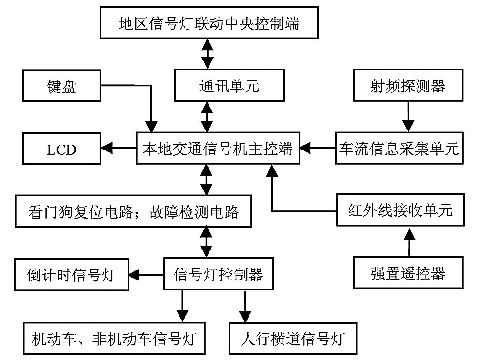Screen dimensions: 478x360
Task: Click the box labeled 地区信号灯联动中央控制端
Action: point(209,22)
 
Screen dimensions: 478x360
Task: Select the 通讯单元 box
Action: point(229,85)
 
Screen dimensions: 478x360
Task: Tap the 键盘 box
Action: point(61,86)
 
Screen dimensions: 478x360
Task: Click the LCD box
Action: point(61,149)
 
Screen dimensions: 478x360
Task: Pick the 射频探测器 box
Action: point(408,85)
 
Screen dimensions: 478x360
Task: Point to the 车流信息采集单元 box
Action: point(399,149)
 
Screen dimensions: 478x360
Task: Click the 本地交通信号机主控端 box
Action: point(218,148)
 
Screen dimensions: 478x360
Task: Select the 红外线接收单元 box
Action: point(400,210)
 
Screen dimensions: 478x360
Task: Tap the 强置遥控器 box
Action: point(408,272)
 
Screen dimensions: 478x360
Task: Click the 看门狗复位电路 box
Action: point(133,211)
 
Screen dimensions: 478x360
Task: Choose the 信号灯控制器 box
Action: point(218,274)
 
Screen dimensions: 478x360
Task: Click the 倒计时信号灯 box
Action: point(71,274)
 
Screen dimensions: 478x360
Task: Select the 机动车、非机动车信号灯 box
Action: point(114,339)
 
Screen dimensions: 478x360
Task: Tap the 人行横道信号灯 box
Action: point(293,339)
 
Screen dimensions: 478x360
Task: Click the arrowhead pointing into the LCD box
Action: point(107,149)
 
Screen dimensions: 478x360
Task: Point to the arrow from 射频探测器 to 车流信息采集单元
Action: point(408,117)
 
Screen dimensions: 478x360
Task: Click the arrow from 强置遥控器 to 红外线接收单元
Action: point(409,241)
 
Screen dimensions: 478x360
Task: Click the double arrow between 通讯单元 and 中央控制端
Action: point(207,54)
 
